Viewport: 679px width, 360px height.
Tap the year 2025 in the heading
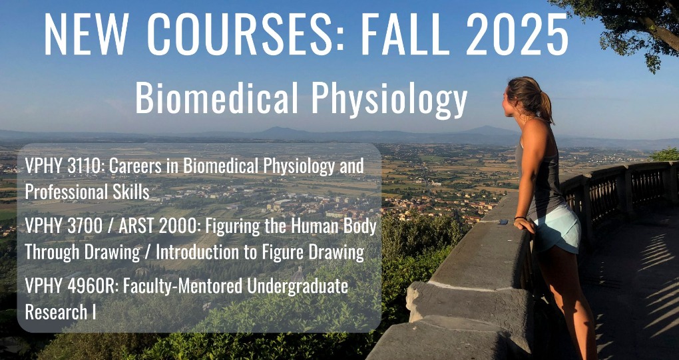coord(517,35)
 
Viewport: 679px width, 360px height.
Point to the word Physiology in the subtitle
coord(389,100)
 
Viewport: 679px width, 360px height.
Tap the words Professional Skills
coord(87,192)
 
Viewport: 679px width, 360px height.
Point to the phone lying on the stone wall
coord(503,222)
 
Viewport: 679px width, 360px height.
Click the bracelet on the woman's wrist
coord(520,218)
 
